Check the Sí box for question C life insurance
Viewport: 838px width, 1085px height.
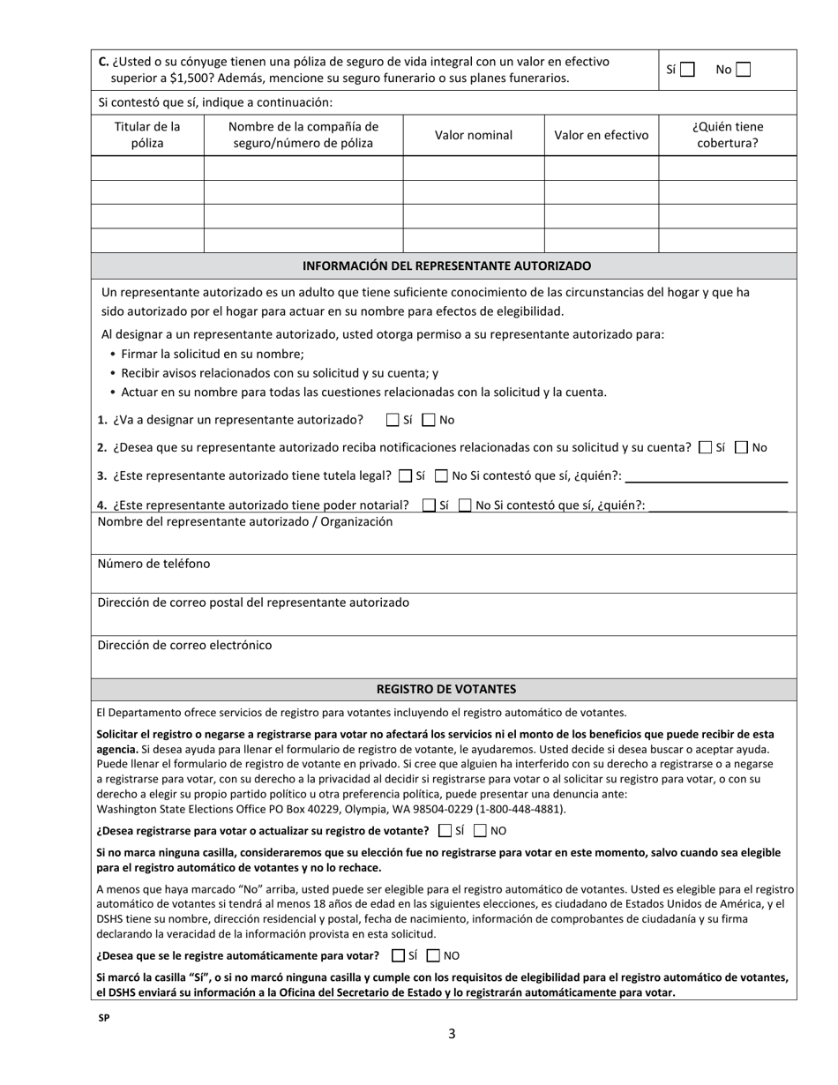688,70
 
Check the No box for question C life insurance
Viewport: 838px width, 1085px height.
743,70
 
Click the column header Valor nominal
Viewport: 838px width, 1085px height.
473,135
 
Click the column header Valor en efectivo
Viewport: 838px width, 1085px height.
601,135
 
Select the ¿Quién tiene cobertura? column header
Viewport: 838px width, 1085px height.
727,135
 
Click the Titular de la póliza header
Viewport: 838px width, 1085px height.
147,135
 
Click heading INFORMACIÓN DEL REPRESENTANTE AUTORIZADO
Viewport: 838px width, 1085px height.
446,266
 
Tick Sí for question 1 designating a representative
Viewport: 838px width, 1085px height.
393,421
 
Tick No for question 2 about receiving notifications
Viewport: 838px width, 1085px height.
742,448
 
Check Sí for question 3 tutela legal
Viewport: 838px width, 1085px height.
405,476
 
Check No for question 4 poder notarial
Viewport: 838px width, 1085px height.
464,505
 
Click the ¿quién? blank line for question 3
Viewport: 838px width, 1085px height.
705,477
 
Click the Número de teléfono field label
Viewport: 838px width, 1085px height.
153,564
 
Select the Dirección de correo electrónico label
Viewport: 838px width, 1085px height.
184,645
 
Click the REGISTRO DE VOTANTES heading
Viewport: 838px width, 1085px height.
446,689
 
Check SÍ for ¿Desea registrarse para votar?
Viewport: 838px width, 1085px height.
445,831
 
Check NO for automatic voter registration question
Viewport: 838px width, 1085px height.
433,955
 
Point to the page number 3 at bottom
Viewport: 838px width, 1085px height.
452,1034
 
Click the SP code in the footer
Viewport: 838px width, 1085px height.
104,1017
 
